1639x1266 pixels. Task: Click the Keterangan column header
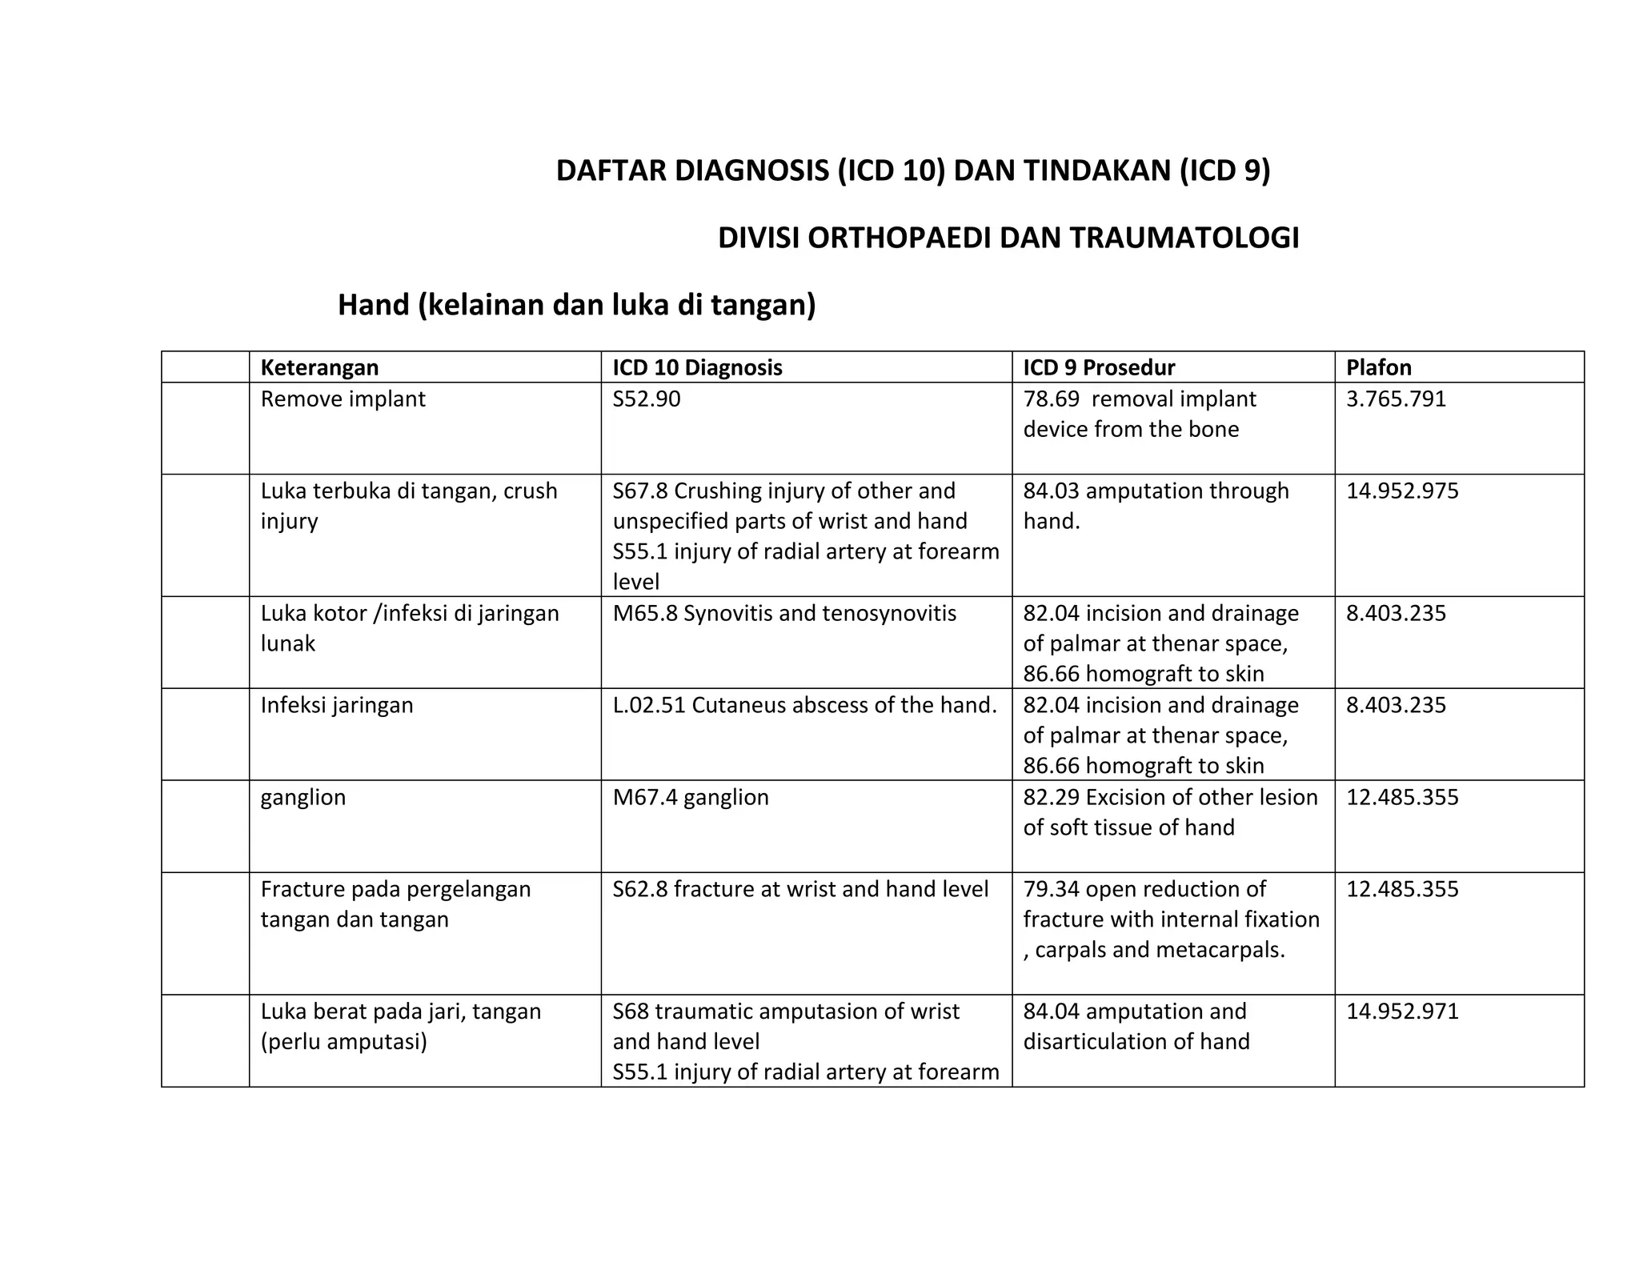319,367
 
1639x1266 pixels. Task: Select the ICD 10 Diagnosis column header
697,367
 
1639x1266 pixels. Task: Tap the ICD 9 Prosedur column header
1099,367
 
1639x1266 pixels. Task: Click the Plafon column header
1378,367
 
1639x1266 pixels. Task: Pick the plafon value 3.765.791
1396,399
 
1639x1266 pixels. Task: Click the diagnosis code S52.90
647,399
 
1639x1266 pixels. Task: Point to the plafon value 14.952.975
1402,491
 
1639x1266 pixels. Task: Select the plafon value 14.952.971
1402,1012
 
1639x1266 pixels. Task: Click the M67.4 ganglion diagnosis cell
691,797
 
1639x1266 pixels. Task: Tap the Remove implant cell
343,399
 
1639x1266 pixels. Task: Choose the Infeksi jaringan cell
337,705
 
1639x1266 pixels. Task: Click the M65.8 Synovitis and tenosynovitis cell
784,613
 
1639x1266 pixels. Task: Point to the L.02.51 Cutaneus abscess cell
804,705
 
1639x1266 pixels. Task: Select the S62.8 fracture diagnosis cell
800,889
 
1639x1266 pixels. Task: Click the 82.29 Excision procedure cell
1170,811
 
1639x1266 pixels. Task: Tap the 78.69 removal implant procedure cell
1140,414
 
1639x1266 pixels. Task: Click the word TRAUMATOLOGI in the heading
1184,238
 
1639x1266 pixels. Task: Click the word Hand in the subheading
373,305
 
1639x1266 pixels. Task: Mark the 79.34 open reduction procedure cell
1171,919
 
